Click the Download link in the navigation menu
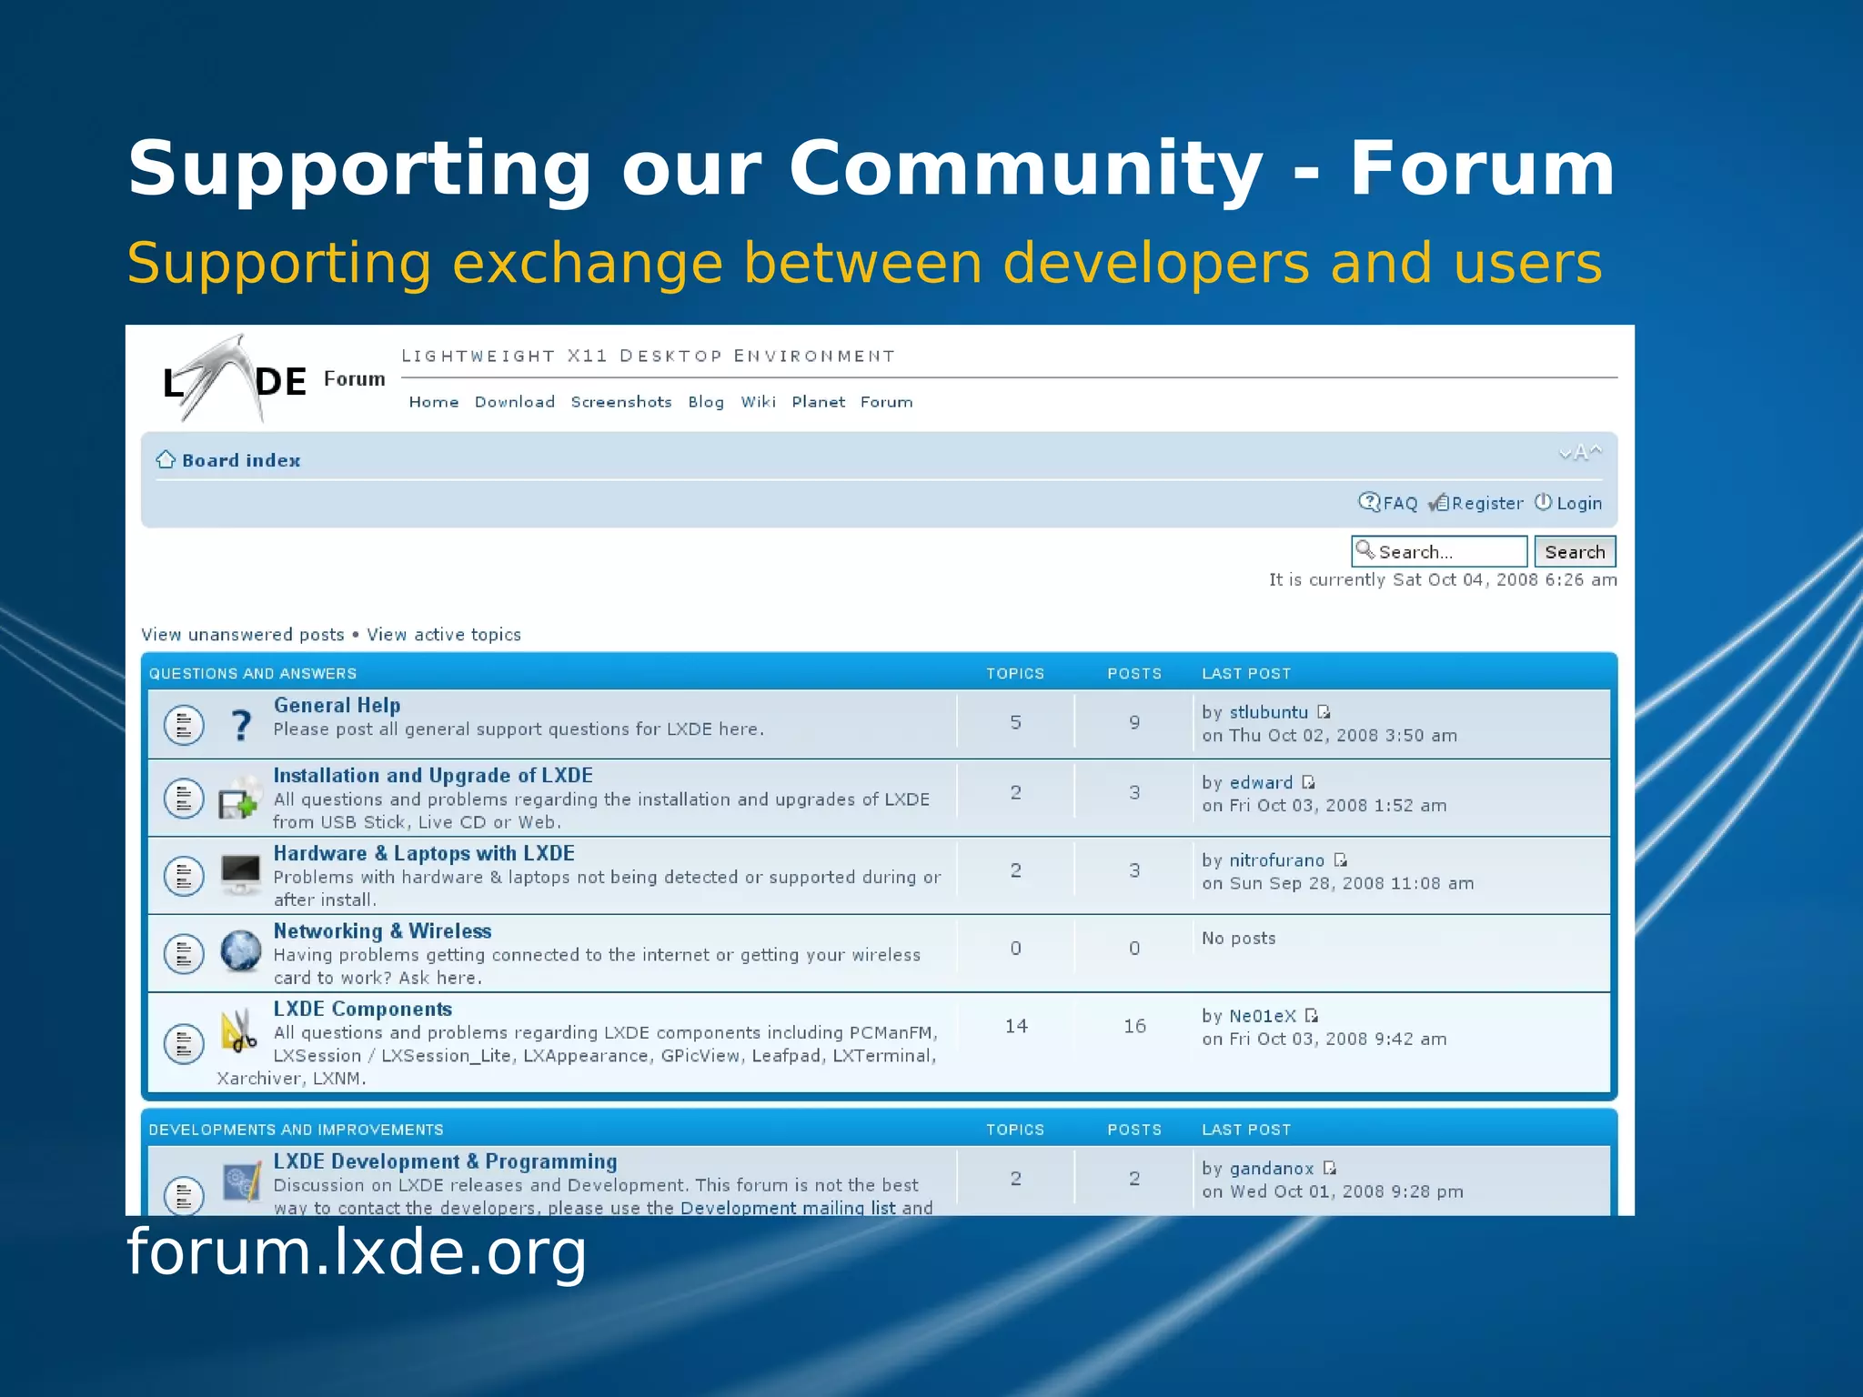(514, 402)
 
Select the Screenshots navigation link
(621, 402)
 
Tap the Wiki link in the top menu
(758, 402)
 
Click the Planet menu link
(818, 402)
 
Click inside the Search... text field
(1446, 552)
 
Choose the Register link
(1486, 503)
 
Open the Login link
(1578, 503)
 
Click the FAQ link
(1399, 503)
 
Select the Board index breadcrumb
(241, 460)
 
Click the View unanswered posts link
(243, 635)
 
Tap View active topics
(444, 635)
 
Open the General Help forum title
(337, 705)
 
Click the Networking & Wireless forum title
(382, 930)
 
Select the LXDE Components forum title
(362, 1009)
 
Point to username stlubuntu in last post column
(1268, 712)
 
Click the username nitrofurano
(1276, 860)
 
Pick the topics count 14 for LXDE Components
(1016, 1026)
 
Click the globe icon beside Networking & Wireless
(241, 951)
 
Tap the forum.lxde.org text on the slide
(357, 1251)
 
